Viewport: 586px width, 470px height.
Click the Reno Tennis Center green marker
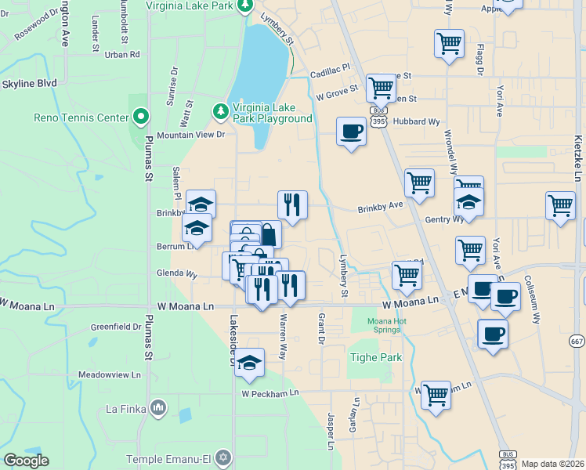point(141,117)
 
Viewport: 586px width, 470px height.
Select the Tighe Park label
point(375,358)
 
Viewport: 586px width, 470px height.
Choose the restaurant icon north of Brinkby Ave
point(292,204)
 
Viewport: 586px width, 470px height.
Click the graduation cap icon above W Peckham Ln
point(249,362)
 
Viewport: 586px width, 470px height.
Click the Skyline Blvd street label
point(29,83)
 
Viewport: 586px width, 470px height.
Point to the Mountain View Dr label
point(191,135)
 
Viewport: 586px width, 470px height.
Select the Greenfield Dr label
point(115,327)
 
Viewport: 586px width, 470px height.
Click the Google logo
point(26,461)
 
